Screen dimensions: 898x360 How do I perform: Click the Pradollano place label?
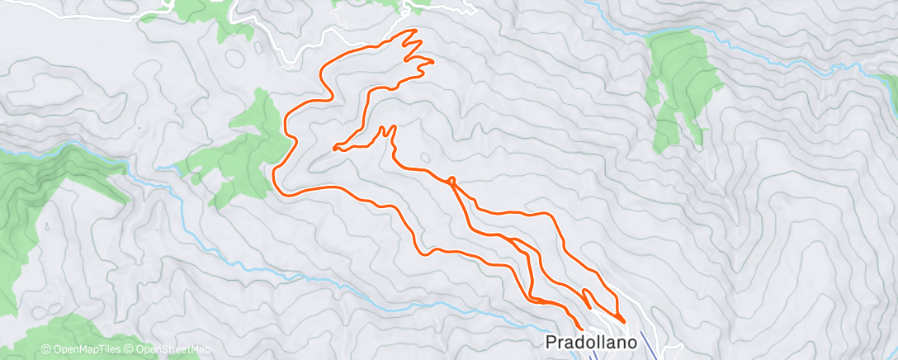tap(593, 341)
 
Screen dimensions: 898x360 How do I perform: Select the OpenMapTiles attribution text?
tap(83, 350)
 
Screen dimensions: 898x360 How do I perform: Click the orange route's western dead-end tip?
tap(334, 149)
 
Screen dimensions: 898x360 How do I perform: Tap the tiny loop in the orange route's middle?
tap(451, 179)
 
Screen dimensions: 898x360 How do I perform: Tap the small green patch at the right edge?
tap(888, 82)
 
